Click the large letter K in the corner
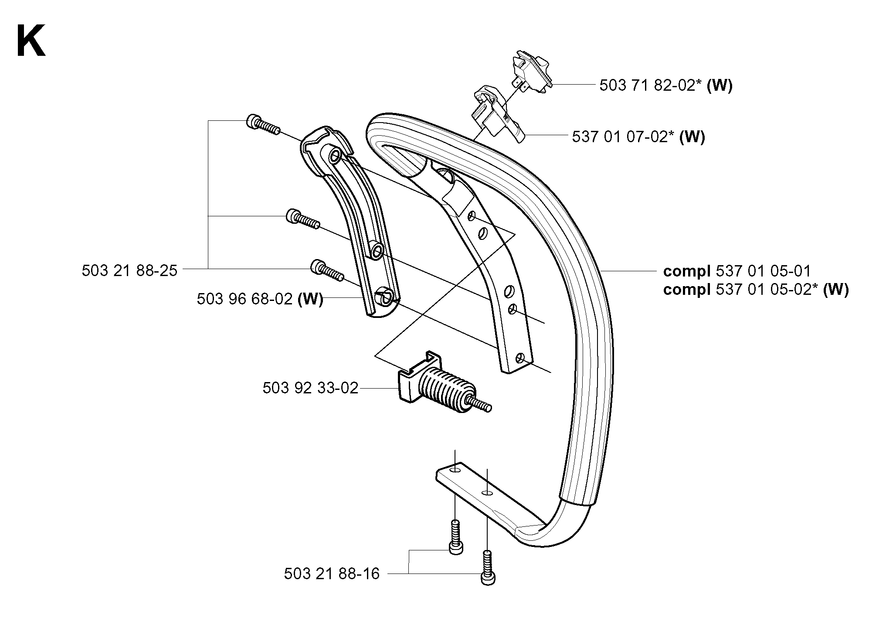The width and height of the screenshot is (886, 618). tap(31, 41)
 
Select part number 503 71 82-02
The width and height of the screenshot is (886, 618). tap(647, 85)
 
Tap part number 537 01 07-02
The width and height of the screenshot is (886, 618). tap(619, 137)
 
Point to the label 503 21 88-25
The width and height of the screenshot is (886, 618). tap(129, 271)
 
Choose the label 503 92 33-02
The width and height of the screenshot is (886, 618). tap(310, 388)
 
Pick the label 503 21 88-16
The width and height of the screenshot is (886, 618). tap(332, 574)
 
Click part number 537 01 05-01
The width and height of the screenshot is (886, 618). tap(763, 271)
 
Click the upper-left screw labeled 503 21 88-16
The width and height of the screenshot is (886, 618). tap(455, 537)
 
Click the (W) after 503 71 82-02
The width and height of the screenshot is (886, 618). tap(720, 85)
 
